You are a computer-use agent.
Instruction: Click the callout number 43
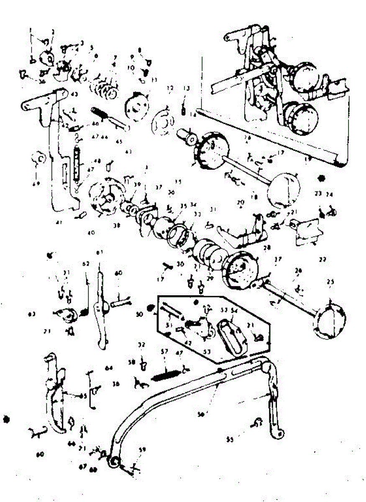[74, 94]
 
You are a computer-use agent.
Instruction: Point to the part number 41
[59, 223]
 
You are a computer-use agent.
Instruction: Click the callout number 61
[100, 252]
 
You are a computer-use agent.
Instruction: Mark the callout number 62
[86, 264]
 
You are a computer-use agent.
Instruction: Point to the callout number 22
[322, 259]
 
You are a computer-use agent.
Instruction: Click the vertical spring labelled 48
[76, 164]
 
